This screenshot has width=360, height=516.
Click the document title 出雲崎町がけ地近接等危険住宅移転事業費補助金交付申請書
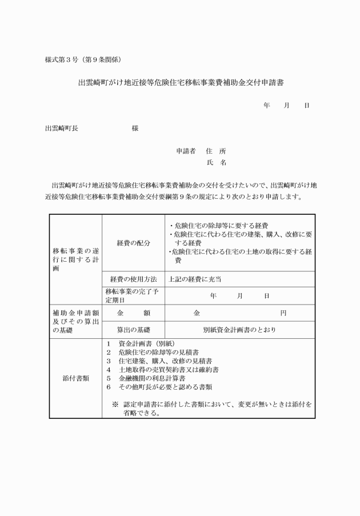pos(181,83)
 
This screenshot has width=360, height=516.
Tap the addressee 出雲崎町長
pos(62,129)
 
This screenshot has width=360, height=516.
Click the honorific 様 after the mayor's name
pos(135,129)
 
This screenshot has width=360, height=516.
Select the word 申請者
pos(186,151)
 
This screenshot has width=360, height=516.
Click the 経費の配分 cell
pos(133,243)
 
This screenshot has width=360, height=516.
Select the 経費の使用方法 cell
pos(133,279)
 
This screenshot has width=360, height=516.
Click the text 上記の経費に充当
pos(195,279)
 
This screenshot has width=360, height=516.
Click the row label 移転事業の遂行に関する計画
pos(75,259)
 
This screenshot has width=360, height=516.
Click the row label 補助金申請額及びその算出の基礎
pos(75,321)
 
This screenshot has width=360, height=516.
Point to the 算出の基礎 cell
pos(133,330)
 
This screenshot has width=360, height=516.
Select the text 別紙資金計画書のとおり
pos(239,330)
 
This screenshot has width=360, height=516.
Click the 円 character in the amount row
pos(283,313)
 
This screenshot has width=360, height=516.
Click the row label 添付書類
pos(75,378)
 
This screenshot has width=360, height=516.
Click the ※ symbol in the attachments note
pos(115,404)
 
